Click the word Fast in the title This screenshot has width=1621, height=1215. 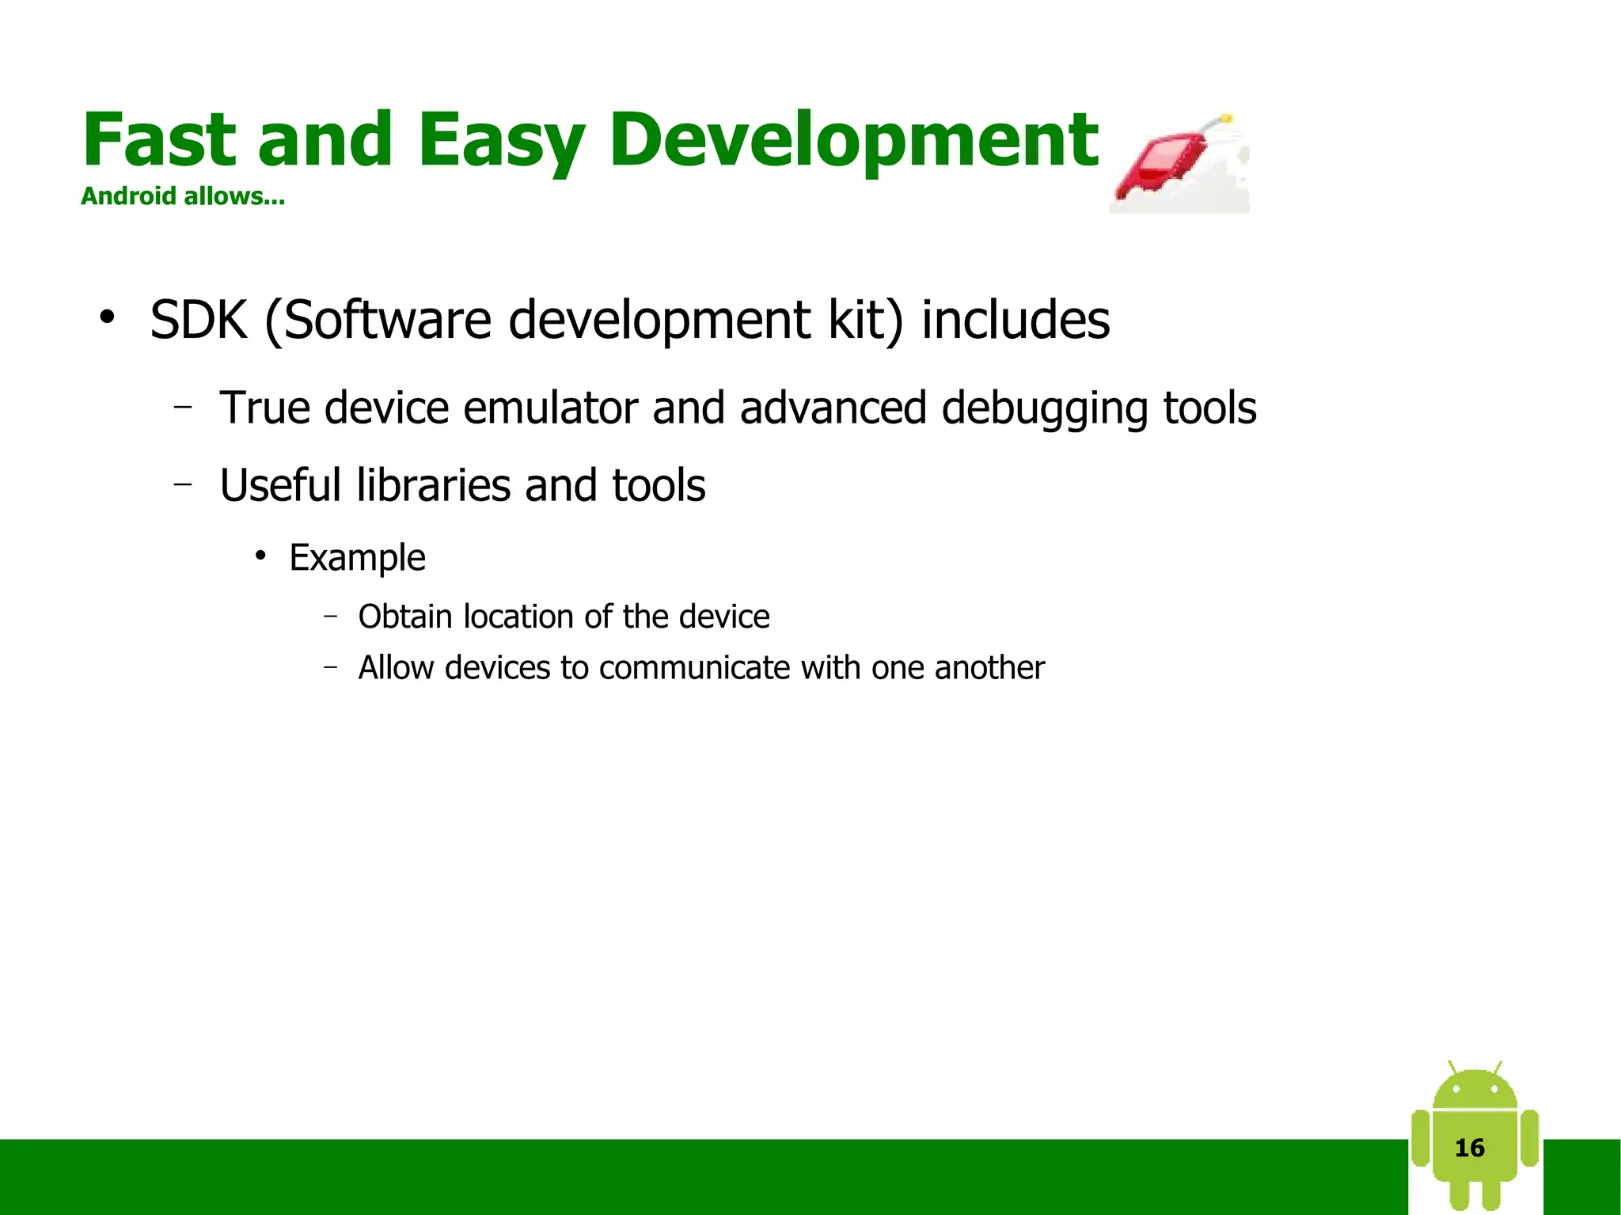[x=158, y=140]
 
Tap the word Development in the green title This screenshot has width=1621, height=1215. [x=853, y=140]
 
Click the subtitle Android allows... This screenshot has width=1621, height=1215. [x=183, y=196]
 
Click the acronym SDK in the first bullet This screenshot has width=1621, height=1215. [x=199, y=321]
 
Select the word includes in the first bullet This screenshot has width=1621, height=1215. [x=1015, y=321]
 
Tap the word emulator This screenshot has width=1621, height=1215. [x=550, y=408]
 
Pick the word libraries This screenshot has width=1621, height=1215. [x=433, y=485]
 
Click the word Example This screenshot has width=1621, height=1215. [x=357, y=558]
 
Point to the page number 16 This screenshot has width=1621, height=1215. [x=1470, y=1148]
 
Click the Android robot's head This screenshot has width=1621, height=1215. [x=1475, y=1088]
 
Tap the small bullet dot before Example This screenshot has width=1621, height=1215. [x=260, y=556]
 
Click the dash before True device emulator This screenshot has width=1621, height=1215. [x=183, y=408]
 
